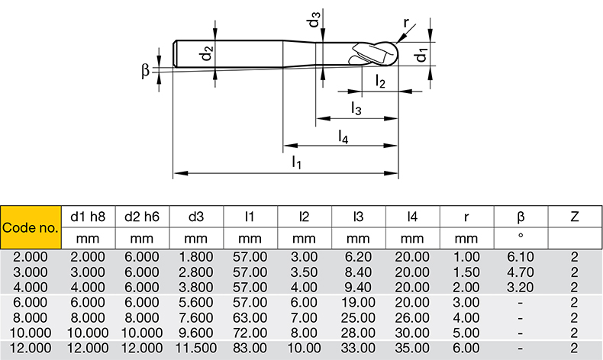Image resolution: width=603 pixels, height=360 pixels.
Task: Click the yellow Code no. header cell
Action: [30, 227]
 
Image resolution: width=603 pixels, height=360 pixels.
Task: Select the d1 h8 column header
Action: [88, 217]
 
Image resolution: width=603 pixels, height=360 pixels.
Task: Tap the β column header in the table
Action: [521, 217]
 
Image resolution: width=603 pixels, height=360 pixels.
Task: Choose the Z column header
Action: [574, 217]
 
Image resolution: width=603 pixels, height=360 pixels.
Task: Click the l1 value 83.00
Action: [250, 347]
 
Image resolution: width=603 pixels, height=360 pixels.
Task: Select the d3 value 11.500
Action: [196, 347]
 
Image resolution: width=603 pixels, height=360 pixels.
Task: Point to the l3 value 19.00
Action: [358, 301]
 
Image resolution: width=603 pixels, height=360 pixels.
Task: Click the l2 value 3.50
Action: [305, 272]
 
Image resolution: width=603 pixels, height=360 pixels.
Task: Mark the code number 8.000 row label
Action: [31, 317]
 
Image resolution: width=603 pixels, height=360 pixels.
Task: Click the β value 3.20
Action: [521, 287]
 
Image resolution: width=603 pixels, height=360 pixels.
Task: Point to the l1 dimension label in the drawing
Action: [297, 162]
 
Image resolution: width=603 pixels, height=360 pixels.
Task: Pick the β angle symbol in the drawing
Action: [146, 70]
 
